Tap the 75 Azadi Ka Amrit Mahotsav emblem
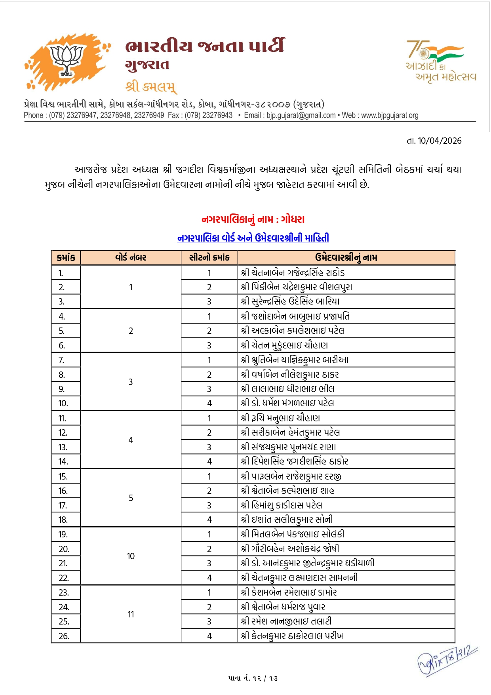[x=440, y=61]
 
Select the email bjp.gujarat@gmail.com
[x=301, y=115]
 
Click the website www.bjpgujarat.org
[x=390, y=115]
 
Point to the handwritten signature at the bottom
[x=447, y=660]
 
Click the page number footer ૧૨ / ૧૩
[x=253, y=678]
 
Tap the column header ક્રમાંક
[x=66, y=257]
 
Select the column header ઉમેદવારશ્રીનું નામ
[x=346, y=257]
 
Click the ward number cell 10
[x=131, y=556]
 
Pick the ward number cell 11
[x=131, y=614]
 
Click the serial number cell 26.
[x=64, y=636]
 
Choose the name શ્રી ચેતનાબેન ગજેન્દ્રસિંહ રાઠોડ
[x=293, y=272]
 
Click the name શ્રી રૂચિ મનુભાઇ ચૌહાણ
[x=280, y=418]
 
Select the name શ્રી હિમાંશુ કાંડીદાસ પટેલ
[x=282, y=505]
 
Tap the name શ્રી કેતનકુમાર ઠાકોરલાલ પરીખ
[x=292, y=636]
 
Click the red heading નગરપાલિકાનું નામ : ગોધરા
[x=253, y=219]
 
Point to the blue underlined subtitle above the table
[x=253, y=238]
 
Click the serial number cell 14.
[x=63, y=461]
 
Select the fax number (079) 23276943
[x=209, y=115]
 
